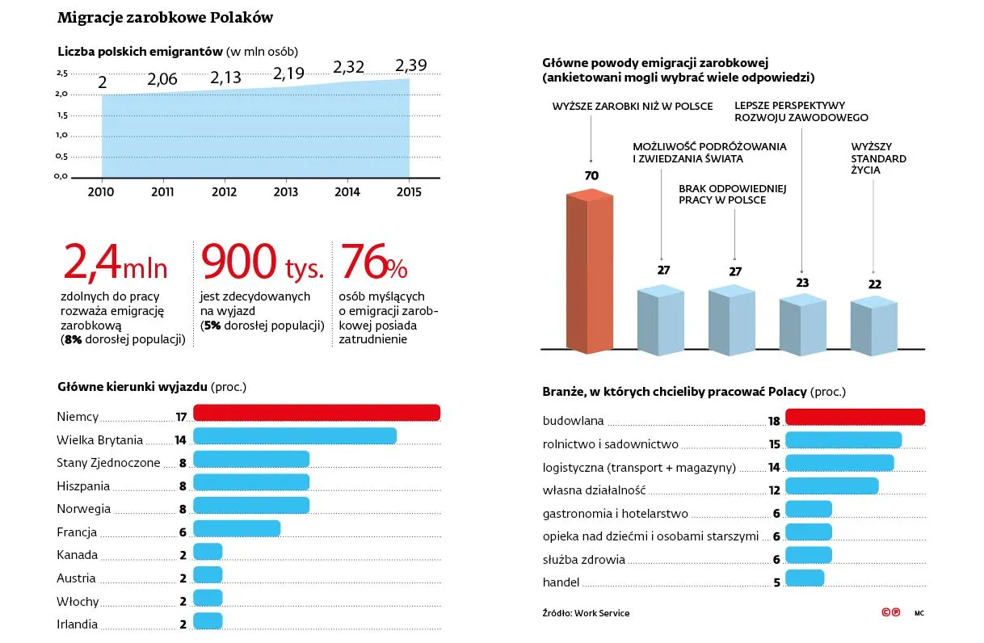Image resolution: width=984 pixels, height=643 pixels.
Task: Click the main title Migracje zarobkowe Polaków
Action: click(165, 17)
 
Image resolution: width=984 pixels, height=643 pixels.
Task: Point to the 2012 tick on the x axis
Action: click(224, 192)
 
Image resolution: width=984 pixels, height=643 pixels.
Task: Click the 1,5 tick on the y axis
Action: click(62, 115)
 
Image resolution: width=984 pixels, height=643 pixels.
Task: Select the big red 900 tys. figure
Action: click(262, 262)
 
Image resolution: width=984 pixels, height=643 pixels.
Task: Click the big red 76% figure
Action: click(374, 262)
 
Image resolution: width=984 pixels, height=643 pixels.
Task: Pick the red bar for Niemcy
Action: click(316, 413)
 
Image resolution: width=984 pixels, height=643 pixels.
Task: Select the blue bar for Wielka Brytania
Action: click(294, 436)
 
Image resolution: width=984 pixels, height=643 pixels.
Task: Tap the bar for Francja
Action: click(236, 528)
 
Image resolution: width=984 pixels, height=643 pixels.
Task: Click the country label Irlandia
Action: click(78, 624)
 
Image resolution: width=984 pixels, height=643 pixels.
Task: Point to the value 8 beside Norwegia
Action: click(183, 509)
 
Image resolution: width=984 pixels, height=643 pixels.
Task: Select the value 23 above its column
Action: click(802, 284)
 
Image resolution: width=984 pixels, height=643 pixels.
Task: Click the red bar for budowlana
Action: click(855, 417)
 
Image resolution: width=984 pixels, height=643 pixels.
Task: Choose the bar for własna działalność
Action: click(831, 485)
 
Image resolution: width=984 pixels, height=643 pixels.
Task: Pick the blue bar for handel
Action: click(804, 578)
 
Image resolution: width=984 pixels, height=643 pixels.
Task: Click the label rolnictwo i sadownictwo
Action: click(610, 444)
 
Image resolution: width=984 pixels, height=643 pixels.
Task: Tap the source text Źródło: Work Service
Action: click(586, 613)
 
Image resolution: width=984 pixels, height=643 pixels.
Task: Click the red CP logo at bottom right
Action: click(890, 613)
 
